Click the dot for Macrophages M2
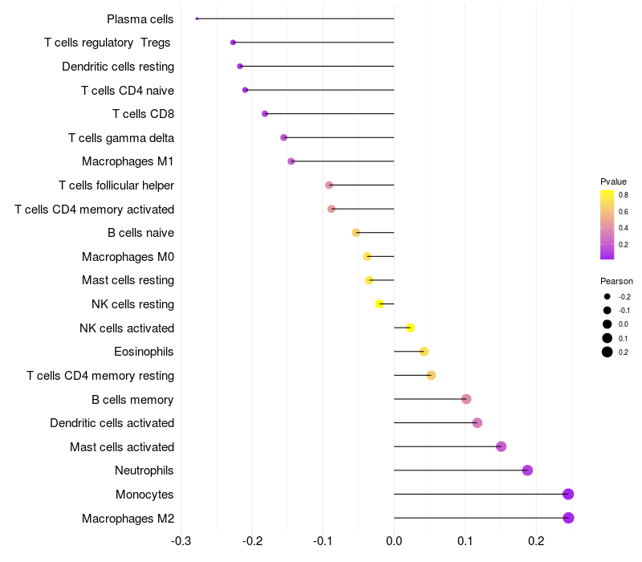[568, 518]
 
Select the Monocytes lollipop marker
[568, 494]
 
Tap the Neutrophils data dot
[527, 470]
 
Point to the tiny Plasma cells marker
[197, 18]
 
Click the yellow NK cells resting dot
[380, 304]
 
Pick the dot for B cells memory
[466, 399]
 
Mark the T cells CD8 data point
[265, 114]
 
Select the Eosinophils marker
[424, 352]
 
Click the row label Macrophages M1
[128, 161]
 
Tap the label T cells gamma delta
[121, 138]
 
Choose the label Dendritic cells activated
[112, 423]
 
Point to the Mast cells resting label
[128, 280]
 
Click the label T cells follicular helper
[116, 185]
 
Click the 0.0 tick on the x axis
[394, 541]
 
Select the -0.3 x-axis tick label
[181, 541]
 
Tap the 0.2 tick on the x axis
[536, 541]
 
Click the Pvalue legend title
[613, 181]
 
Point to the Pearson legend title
[616, 281]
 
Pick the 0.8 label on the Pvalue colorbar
[623, 194]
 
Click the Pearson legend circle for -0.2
[607, 297]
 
